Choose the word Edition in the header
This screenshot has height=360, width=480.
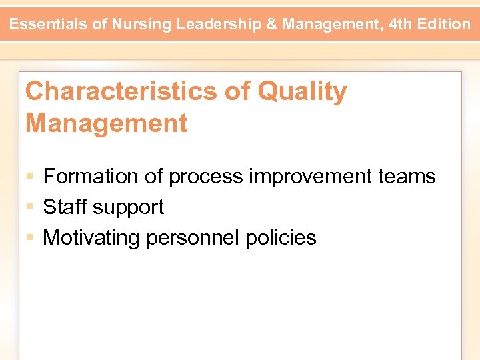(445, 25)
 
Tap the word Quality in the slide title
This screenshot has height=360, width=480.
(302, 91)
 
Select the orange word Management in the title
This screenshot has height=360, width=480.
(106, 123)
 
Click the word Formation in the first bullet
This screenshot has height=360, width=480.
(88, 177)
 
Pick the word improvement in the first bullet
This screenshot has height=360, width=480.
(309, 177)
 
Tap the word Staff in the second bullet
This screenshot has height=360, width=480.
(65, 207)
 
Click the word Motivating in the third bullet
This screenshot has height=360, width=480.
(91, 238)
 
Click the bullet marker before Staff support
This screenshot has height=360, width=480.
(30, 207)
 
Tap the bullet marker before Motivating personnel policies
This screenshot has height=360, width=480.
(30, 238)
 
